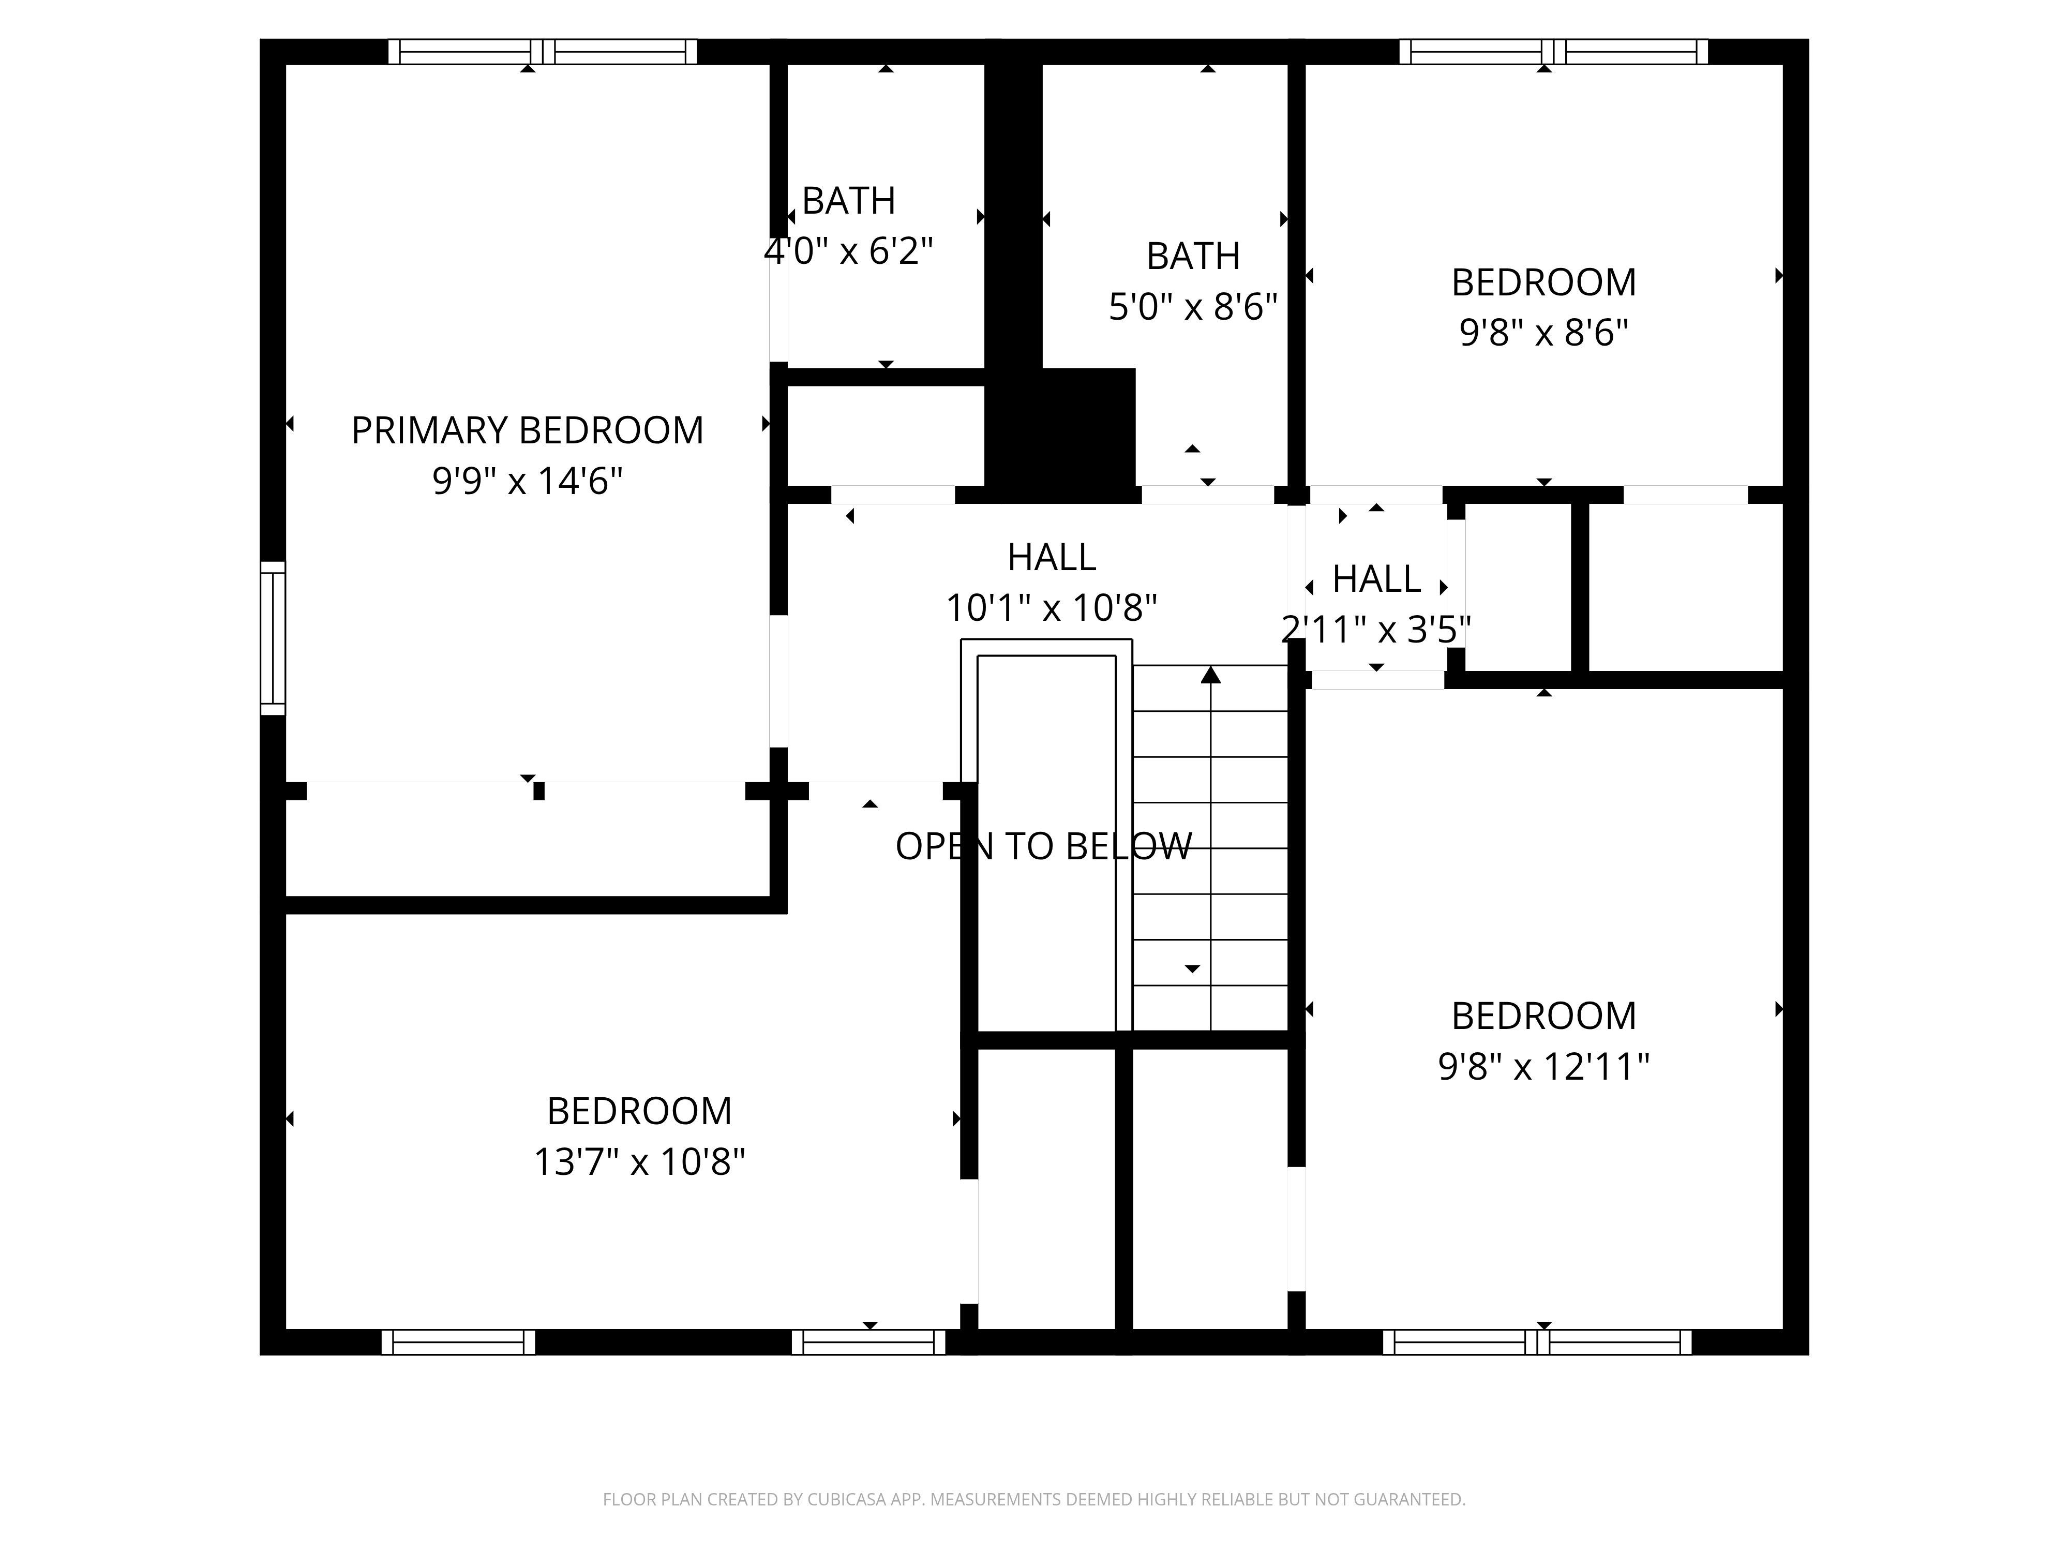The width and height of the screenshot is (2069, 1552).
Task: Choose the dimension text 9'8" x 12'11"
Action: click(1543, 1066)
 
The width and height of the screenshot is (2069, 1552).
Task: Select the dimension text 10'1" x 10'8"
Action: click(1052, 608)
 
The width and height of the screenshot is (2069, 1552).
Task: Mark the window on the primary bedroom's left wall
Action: click(272, 638)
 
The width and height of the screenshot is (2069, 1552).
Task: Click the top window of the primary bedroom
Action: click(543, 51)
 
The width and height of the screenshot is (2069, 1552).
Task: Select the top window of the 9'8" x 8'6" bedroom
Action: click(1553, 51)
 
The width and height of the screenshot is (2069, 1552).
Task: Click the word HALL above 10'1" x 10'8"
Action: click(1052, 558)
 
